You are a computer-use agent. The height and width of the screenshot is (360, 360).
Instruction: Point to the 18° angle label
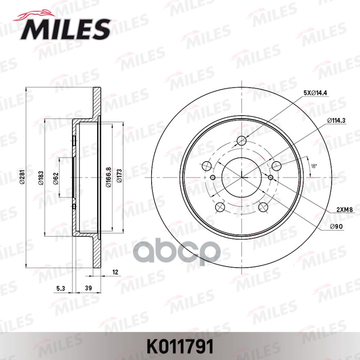pos(314,166)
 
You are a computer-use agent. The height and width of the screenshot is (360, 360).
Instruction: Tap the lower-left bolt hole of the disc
pos(220,207)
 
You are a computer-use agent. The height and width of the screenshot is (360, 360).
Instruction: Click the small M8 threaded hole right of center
pos(270,177)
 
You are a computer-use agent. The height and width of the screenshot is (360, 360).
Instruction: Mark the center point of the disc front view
pos(242,177)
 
